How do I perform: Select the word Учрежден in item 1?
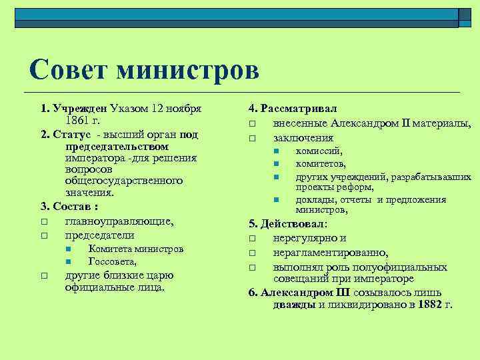(79, 109)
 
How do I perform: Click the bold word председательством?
(117, 146)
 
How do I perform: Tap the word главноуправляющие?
(119, 221)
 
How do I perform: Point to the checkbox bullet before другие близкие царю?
(43, 275)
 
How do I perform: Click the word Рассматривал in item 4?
(299, 108)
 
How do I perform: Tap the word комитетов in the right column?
(321, 164)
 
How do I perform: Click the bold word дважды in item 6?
(294, 305)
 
